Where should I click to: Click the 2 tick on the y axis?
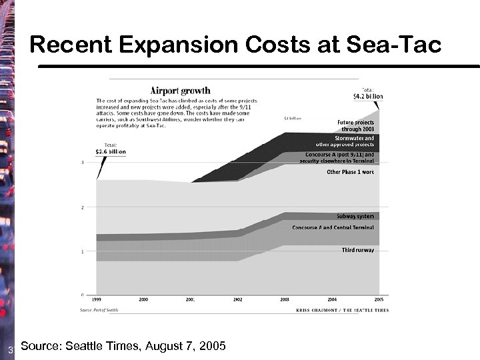click(x=82, y=207)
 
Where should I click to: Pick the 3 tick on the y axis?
click(x=82, y=162)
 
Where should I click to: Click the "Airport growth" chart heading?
click(x=180, y=90)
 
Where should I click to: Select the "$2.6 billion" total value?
click(x=111, y=151)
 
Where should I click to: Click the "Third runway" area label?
click(x=358, y=249)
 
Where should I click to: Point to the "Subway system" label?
click(x=355, y=216)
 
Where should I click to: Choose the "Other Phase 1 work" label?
click(x=350, y=172)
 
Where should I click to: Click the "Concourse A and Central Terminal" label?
click(x=333, y=227)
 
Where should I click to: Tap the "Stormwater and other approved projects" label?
click(x=345, y=141)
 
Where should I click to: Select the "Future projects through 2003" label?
click(x=355, y=125)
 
